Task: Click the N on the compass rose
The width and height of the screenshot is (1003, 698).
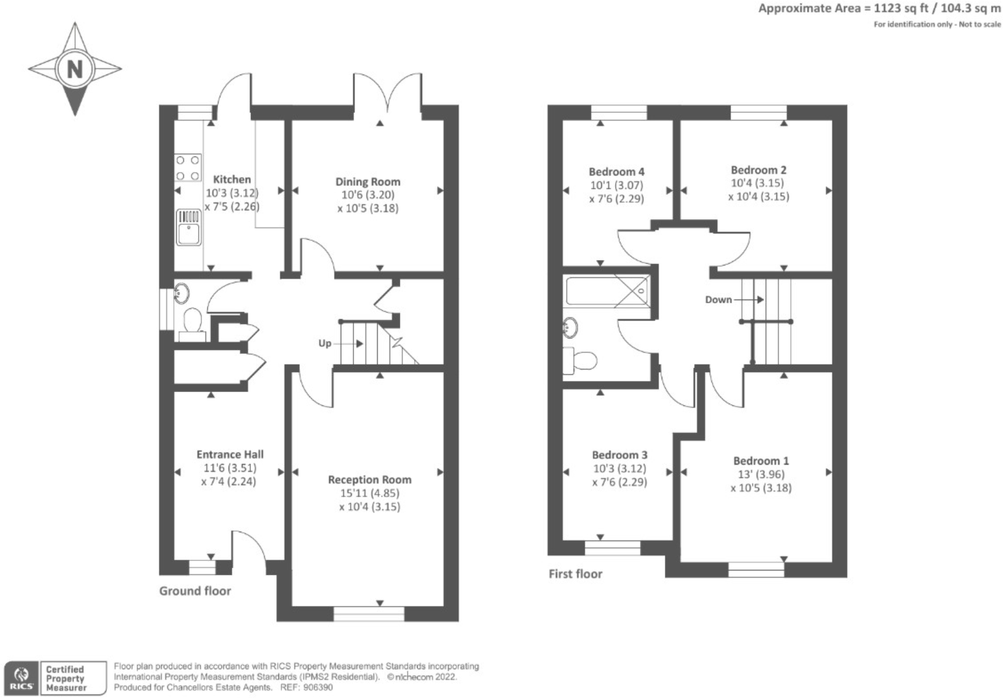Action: [x=75, y=68]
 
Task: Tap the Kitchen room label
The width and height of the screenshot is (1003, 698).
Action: [x=232, y=180]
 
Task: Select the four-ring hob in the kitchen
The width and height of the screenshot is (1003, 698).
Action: [x=188, y=168]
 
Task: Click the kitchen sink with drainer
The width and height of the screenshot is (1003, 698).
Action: [x=189, y=228]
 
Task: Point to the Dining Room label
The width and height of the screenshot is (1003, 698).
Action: [x=367, y=182]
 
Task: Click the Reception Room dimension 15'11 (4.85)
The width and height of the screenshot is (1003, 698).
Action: [x=369, y=493]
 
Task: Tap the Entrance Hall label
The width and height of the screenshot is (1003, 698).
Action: [x=230, y=454]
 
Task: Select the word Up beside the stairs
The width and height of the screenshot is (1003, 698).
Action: [x=325, y=344]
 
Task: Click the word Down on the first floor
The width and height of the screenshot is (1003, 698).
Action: [x=718, y=300]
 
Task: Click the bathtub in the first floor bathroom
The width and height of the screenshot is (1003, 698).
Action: [x=605, y=291]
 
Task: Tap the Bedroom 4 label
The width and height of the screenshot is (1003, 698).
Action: [x=616, y=171]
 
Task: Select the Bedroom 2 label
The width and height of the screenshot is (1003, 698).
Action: [x=758, y=170]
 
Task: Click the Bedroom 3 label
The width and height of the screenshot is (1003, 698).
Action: [x=620, y=455]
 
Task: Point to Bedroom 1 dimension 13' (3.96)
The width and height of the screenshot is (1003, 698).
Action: [x=760, y=474]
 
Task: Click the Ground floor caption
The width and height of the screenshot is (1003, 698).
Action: [x=195, y=591]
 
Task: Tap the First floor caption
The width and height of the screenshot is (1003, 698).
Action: [x=575, y=574]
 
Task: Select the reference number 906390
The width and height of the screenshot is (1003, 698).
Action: [x=318, y=688]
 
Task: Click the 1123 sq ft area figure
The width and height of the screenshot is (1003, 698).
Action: [x=888, y=8]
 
